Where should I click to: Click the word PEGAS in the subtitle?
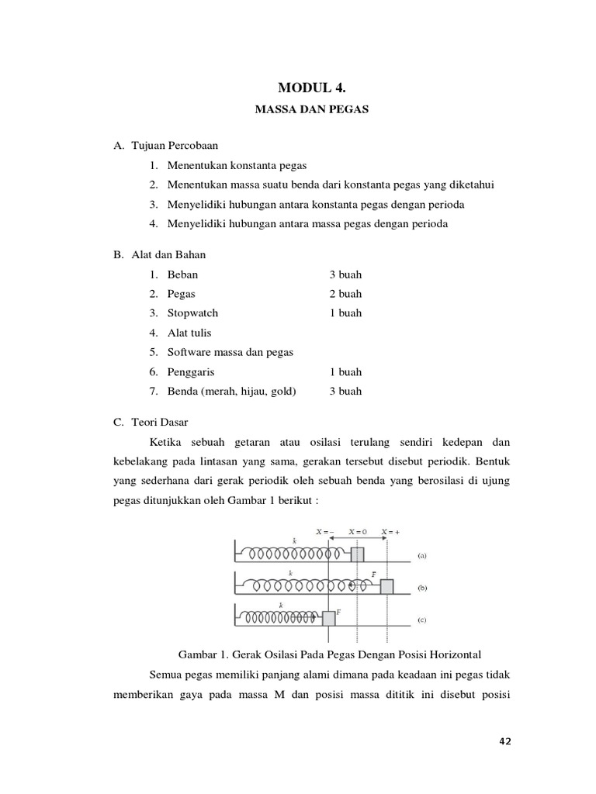[347, 110]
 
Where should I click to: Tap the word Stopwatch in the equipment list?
[192, 313]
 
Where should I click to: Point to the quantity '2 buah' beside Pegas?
[345, 294]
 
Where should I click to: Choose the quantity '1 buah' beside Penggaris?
[345, 372]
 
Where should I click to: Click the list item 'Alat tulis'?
[189, 333]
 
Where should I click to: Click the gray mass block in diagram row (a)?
[357, 554]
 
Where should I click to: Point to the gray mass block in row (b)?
[386, 586]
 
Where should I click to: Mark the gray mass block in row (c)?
[329, 618]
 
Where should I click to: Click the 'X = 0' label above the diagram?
[358, 532]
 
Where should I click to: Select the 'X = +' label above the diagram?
[391, 532]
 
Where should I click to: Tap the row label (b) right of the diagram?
[422, 588]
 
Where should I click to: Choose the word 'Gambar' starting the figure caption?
[197, 652]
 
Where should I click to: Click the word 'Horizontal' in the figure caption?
[458, 652]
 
